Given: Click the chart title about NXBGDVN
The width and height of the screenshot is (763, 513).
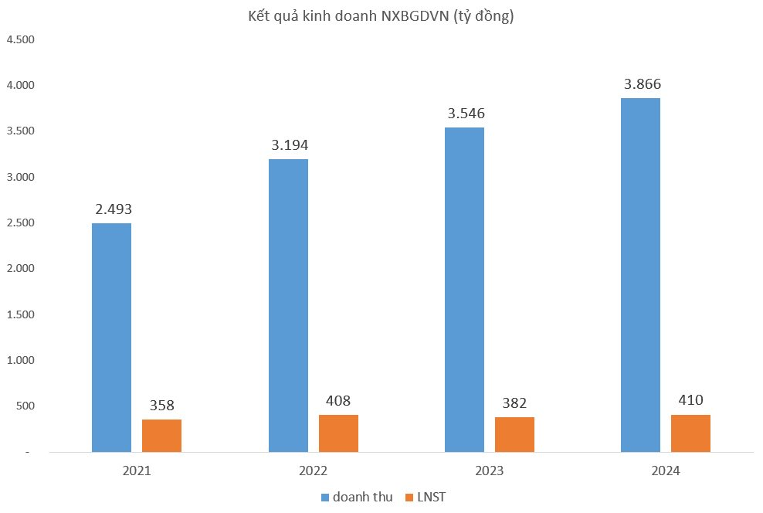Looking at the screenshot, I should tap(381, 16).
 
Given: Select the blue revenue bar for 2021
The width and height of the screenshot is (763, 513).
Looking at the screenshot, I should tap(111, 338).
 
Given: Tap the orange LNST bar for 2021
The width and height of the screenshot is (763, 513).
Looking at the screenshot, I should tap(161, 436).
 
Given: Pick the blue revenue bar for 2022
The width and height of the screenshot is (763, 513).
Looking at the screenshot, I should tap(288, 305).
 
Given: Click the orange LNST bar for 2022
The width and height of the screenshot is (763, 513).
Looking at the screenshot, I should tap(338, 433).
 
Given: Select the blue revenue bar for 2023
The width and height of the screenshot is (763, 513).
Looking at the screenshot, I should tap(465, 290).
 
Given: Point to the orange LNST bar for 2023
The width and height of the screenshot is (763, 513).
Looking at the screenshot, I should tap(514, 434).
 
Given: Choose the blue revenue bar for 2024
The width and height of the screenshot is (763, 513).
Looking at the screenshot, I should tap(641, 275).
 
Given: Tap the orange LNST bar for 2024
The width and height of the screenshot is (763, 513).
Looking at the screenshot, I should tap(690, 433).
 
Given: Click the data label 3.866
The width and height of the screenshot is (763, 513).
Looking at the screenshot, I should tap(641, 84).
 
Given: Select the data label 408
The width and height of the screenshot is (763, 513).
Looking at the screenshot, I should tap(338, 401).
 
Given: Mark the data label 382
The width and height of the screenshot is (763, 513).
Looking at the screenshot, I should tap(514, 403).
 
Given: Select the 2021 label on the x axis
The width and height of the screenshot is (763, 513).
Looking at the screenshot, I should tap(137, 471).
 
